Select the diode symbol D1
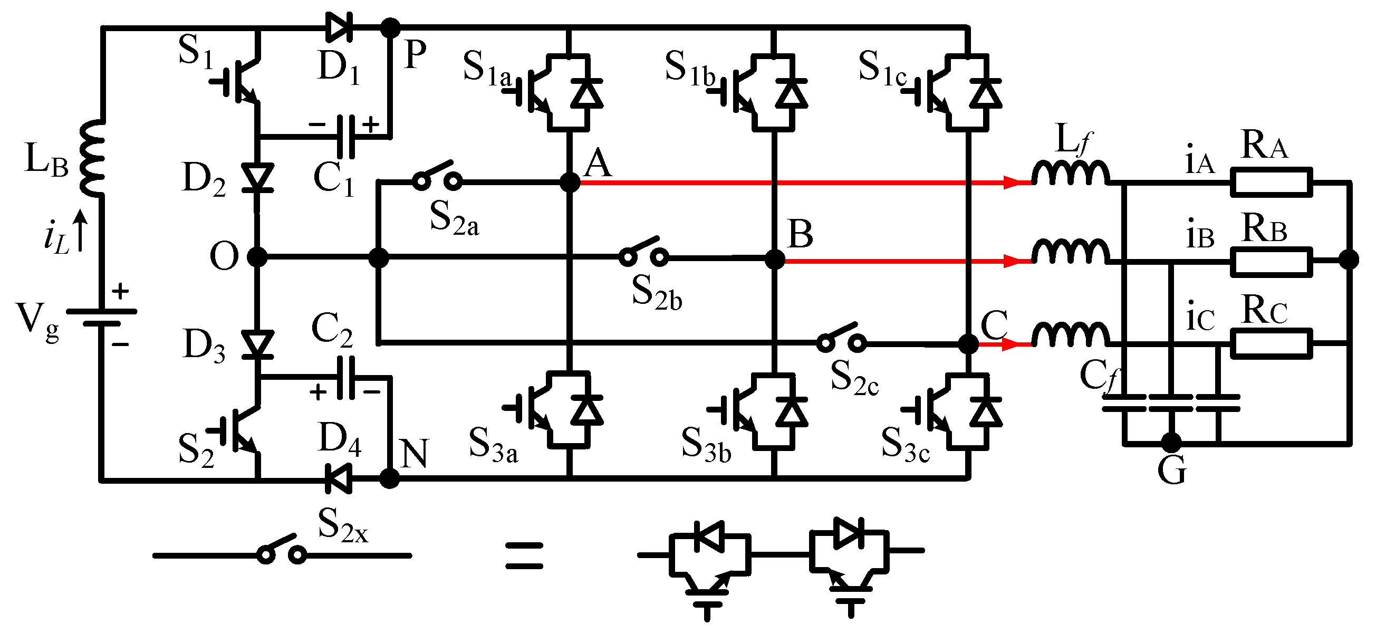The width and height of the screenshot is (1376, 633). tap(339, 27)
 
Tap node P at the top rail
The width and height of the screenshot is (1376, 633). tap(390, 27)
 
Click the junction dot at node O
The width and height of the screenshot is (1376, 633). tap(257, 257)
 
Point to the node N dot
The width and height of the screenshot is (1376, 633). tap(389, 478)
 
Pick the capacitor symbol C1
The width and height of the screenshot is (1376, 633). tap(347, 137)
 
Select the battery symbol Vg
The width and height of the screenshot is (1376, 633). tap(101, 318)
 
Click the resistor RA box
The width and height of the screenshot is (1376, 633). tap(1271, 182)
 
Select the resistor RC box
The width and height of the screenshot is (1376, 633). tap(1271, 343)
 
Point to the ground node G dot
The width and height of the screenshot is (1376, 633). tap(1171, 442)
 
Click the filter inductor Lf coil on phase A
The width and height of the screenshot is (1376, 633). tap(1070, 173)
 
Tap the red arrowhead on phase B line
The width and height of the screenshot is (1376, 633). tap(1013, 261)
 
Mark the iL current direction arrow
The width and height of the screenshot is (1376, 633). tap(80, 229)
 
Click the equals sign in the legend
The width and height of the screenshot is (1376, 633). tap(525, 555)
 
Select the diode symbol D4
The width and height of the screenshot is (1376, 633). tap(339, 478)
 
